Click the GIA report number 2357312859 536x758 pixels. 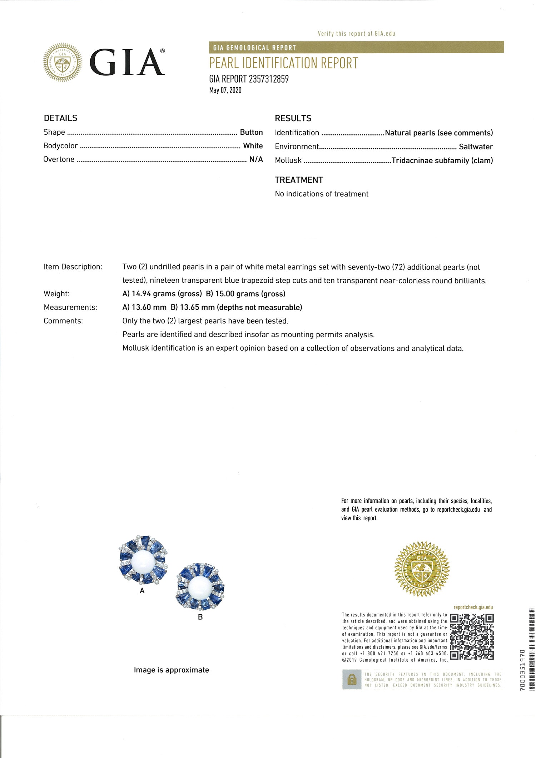[268, 79]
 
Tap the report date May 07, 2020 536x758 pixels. [225, 90]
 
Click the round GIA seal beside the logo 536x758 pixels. [63, 63]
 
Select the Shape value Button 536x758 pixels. [251, 132]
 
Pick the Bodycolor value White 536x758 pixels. [253, 146]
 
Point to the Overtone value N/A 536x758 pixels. [256, 159]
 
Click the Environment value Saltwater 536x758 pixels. [476, 147]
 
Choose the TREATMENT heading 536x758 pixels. [299, 180]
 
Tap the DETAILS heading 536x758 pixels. [60, 118]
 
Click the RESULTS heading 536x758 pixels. [293, 118]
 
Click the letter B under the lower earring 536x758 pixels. [200, 617]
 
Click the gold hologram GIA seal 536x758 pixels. [422, 569]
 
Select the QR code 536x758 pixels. [472, 637]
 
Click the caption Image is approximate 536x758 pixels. [172, 670]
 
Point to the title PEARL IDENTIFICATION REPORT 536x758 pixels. [283, 63]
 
